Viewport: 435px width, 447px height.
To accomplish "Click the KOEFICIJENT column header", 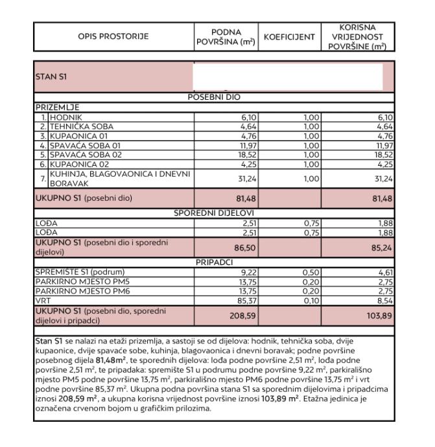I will [x=289, y=36].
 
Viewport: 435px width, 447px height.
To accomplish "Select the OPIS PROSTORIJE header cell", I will [x=113, y=36].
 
